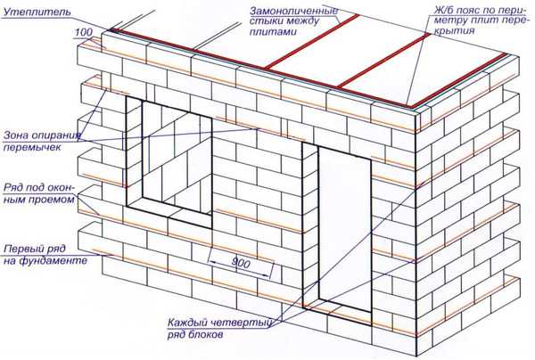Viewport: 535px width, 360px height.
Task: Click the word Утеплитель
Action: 37,12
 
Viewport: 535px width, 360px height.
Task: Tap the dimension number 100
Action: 84,32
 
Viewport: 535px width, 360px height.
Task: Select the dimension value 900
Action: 241,263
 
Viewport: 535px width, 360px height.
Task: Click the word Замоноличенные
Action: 294,11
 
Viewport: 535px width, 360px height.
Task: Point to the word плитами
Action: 273,32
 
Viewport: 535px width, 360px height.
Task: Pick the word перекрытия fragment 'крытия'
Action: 455,31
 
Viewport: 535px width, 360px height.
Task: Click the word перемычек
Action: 32,147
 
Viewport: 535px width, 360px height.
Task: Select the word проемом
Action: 51,199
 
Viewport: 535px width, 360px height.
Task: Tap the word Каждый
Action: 187,323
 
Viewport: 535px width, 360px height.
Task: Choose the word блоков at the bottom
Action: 203,334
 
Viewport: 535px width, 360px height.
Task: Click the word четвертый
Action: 242,323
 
